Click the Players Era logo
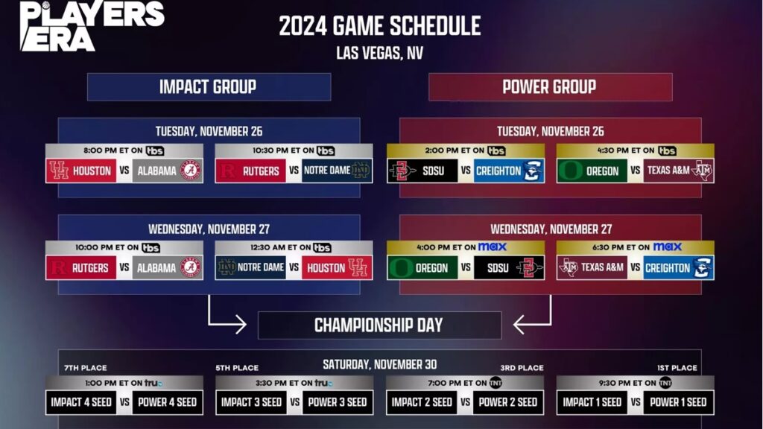92,26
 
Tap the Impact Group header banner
209,87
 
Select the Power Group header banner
551,87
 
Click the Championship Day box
379,325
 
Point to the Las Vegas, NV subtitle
379,53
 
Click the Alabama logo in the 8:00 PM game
190,171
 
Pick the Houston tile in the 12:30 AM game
338,267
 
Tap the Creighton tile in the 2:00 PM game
509,171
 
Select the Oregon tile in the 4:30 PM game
592,171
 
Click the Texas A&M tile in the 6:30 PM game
592,267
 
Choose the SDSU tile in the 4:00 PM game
509,267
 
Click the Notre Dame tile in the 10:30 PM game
338,171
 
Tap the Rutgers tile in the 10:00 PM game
80,267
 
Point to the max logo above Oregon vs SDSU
492,247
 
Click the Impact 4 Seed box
80,402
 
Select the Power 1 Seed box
678,402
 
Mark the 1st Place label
677,368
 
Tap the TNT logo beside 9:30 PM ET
665,383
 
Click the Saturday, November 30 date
379,364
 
